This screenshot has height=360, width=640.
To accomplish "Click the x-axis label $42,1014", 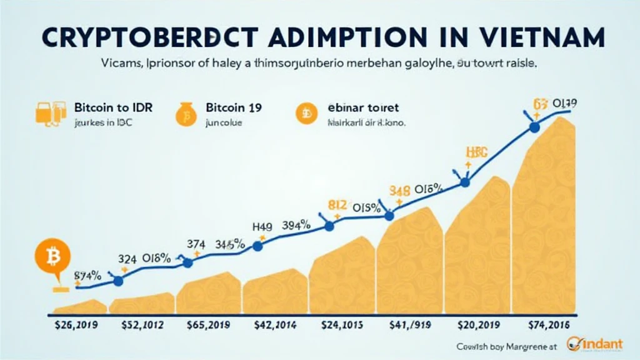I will (x=276, y=325).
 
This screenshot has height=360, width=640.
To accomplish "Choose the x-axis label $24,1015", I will (x=342, y=325).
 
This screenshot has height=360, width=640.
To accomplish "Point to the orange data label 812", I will (x=337, y=205).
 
